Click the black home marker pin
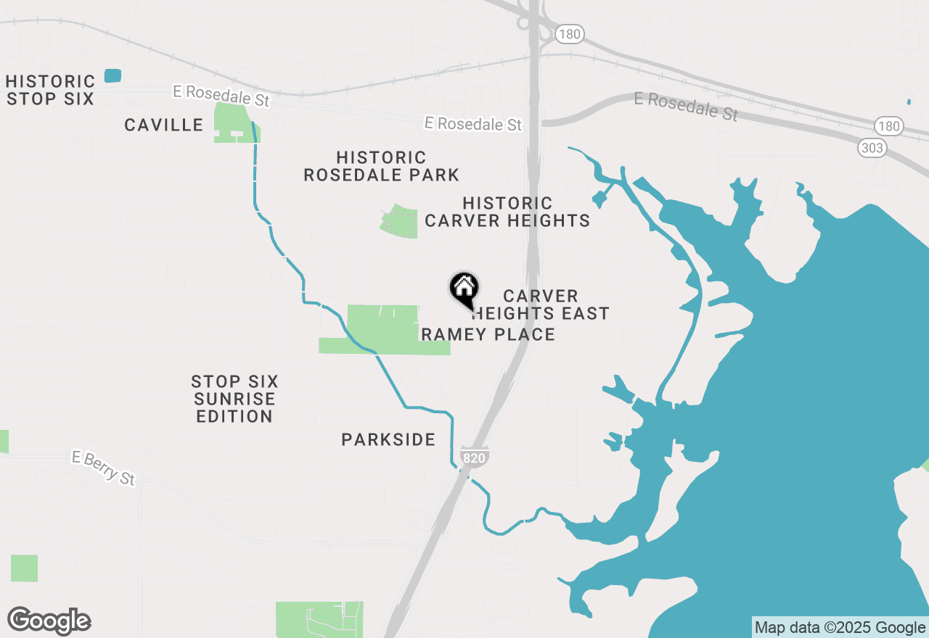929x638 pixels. click(464, 289)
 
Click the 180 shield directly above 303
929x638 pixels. click(888, 126)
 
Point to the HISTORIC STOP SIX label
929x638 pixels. click(50, 90)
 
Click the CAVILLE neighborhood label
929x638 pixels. click(163, 125)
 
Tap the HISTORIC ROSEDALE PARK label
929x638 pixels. click(381, 166)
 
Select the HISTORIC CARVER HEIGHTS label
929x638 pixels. click(507, 212)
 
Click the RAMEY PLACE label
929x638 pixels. click(488, 334)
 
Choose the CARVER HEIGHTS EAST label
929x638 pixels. click(541, 304)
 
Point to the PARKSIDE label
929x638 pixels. click(388, 439)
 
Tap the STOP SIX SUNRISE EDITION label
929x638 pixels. click(234, 399)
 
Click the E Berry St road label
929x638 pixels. click(104, 468)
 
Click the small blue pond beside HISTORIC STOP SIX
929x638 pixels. click(112, 75)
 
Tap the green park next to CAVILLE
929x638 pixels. click(234, 122)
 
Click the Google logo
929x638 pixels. click(49, 621)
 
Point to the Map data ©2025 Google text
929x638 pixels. click(840, 628)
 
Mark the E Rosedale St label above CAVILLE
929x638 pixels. click(221, 96)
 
